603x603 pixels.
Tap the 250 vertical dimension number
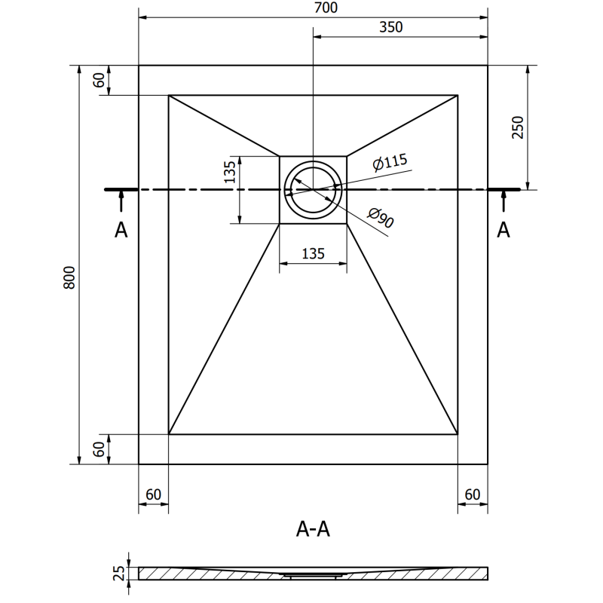[516, 128]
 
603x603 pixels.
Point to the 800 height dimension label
[69, 280]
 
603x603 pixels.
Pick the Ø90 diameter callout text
[381, 219]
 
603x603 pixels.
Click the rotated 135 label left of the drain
[230, 173]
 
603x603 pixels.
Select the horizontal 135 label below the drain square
[313, 254]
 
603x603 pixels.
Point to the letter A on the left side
[121, 231]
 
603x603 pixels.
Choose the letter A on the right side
[504, 231]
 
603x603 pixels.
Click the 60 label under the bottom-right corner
[473, 494]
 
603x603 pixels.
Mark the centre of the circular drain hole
[313, 189]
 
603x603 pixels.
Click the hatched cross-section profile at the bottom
[313, 574]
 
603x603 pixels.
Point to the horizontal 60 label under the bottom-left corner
[153, 494]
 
